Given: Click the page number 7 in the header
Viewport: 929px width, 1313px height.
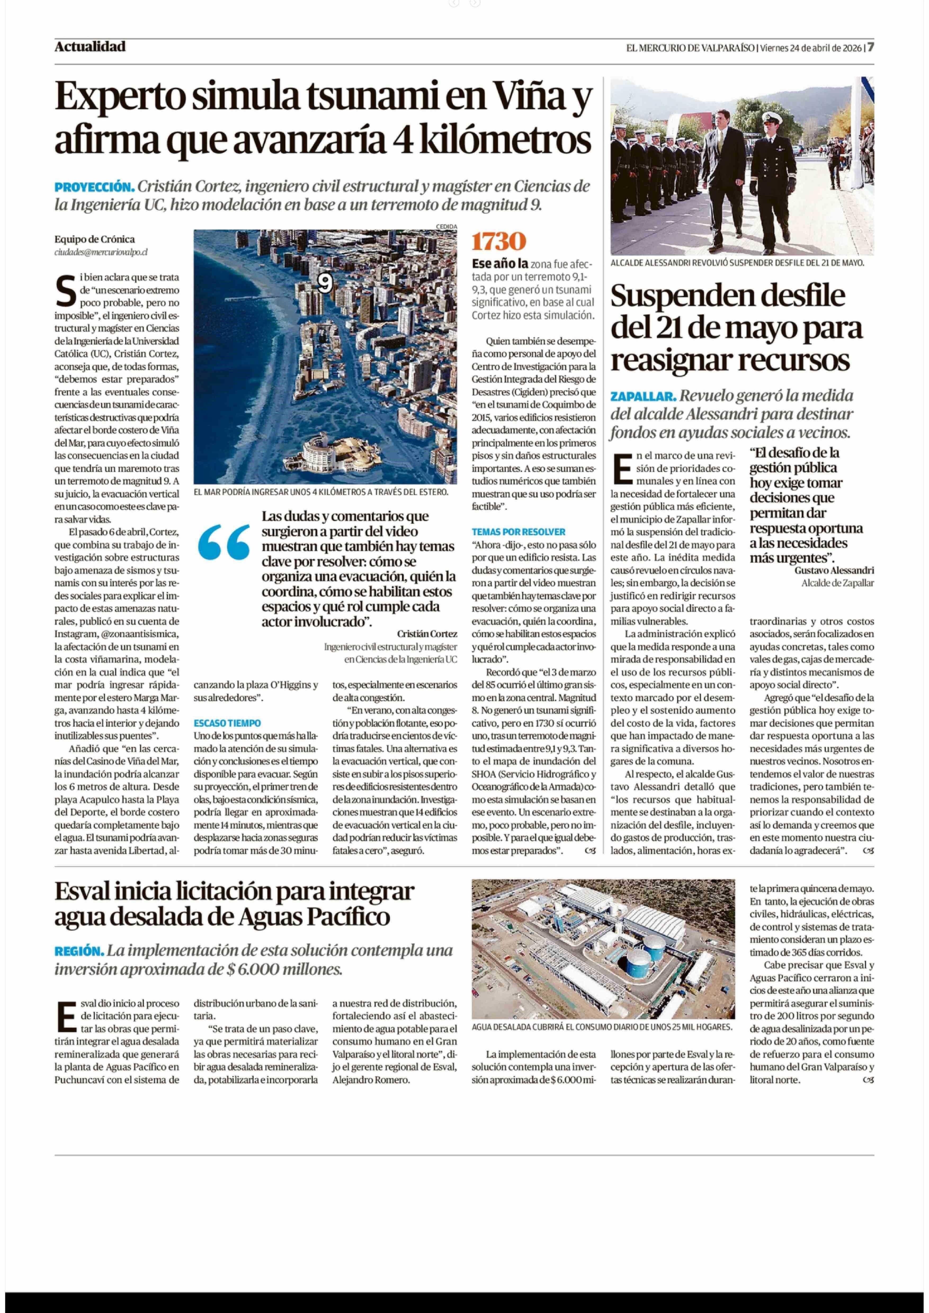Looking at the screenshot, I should point(870,47).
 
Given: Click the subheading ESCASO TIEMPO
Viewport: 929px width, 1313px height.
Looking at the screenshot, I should point(227,723).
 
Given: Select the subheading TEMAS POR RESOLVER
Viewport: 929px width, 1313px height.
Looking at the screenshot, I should point(518,532).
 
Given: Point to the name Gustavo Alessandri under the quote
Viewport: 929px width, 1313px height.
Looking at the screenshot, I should point(833,570).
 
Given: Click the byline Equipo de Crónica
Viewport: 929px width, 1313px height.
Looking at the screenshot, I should point(94,239).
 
